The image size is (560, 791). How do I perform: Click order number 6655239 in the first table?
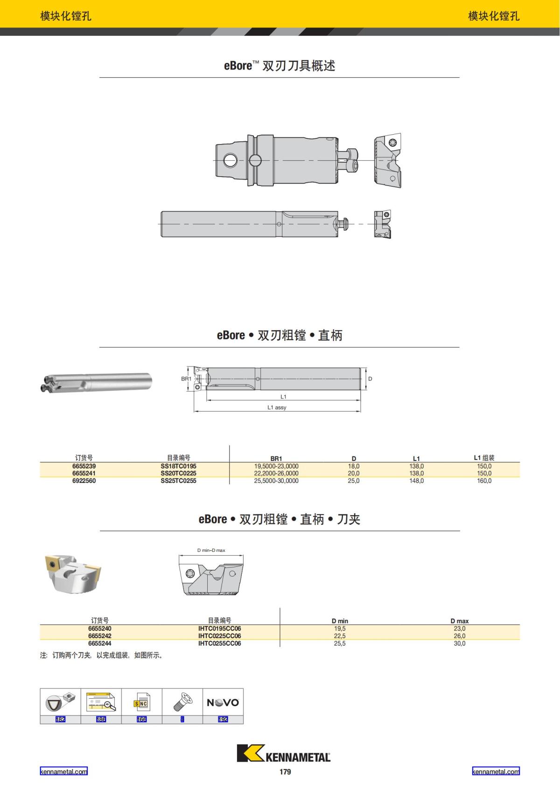(84, 466)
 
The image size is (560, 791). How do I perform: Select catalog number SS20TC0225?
(178, 473)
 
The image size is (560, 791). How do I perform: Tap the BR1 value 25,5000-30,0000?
(276, 481)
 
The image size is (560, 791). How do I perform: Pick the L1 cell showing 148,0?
(416, 481)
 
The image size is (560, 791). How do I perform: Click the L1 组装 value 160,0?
(484, 481)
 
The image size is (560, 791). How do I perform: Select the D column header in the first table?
(354, 459)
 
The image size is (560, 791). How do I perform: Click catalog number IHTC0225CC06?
(219, 636)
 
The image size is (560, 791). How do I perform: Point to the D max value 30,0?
(459, 643)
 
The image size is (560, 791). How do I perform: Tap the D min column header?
(340, 621)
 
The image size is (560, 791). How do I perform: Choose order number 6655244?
(100, 643)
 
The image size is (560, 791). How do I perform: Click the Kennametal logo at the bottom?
(284, 754)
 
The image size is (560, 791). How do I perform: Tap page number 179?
(285, 771)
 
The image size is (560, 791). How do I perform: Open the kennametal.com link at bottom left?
(63, 771)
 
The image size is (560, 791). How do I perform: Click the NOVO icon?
(223, 702)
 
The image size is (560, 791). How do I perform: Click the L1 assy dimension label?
(277, 407)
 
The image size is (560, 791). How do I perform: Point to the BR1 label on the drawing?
(186, 378)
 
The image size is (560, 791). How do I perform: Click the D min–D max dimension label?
(211, 550)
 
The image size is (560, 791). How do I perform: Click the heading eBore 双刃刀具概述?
(280, 66)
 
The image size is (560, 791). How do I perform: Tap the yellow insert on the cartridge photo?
(53, 564)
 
